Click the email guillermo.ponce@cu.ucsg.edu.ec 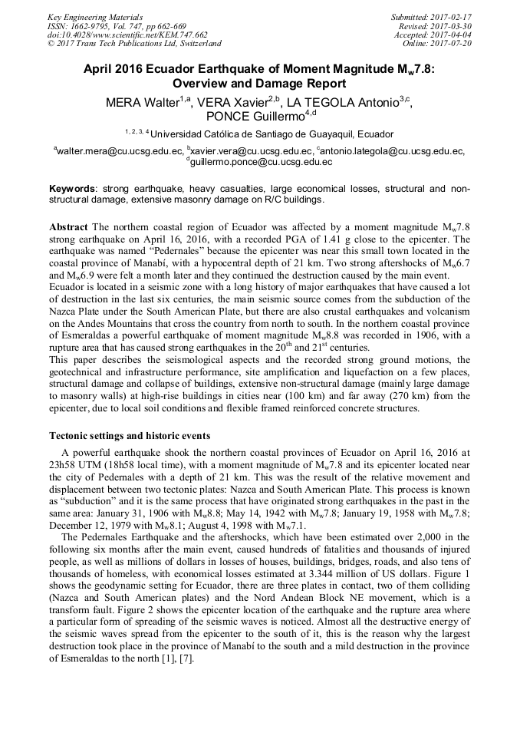point(261,162)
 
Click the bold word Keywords point(73,189)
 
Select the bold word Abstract point(69,228)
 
